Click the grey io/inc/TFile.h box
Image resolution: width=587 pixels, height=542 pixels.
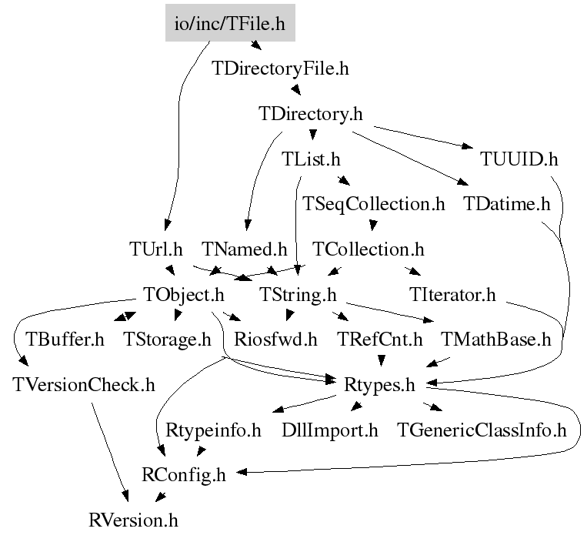(x=230, y=23)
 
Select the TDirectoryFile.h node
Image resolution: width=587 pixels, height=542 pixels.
(x=280, y=69)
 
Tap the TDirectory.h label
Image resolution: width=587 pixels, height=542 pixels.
(x=311, y=114)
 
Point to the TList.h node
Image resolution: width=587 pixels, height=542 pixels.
(x=311, y=159)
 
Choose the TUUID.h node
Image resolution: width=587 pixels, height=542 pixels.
(x=519, y=159)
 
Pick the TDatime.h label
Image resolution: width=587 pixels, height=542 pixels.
(x=508, y=204)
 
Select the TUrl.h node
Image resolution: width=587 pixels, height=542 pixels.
(x=156, y=249)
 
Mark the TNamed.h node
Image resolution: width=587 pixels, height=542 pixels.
(x=244, y=249)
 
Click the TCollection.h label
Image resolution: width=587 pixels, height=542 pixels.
(x=369, y=249)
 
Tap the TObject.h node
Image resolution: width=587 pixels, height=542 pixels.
(x=184, y=294)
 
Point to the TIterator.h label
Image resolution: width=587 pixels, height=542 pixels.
(x=453, y=294)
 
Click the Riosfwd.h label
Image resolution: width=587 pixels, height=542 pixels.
(x=275, y=340)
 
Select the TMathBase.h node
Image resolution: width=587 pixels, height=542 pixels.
(x=496, y=340)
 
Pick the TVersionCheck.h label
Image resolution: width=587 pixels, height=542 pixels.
(x=84, y=384)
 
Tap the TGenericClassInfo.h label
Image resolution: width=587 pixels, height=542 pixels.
(x=481, y=430)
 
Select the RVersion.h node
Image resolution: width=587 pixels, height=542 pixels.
(x=133, y=520)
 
